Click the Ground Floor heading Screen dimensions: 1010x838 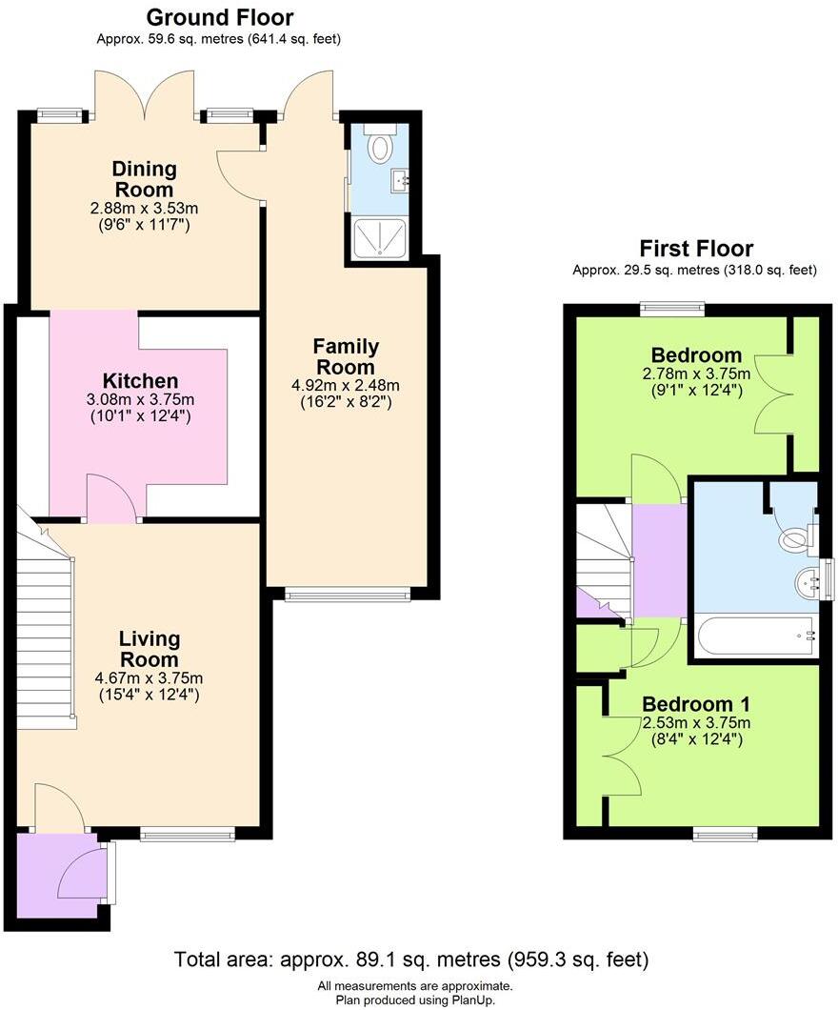click(x=219, y=17)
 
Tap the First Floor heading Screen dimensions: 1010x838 click(x=695, y=249)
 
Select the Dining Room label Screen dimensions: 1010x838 click(x=145, y=178)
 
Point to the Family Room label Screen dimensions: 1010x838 click(x=346, y=356)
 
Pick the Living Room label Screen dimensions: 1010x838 click(x=150, y=649)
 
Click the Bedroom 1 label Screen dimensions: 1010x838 click(x=695, y=704)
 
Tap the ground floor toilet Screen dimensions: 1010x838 click(x=382, y=146)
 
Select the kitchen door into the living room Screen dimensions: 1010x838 click(x=112, y=498)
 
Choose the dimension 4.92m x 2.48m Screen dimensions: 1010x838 click(x=346, y=386)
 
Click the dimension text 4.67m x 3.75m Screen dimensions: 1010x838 click(x=150, y=678)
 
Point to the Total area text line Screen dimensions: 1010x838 click(x=411, y=958)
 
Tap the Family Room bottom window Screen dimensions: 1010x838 click(x=347, y=596)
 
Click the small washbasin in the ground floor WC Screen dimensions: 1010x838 click(x=400, y=178)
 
